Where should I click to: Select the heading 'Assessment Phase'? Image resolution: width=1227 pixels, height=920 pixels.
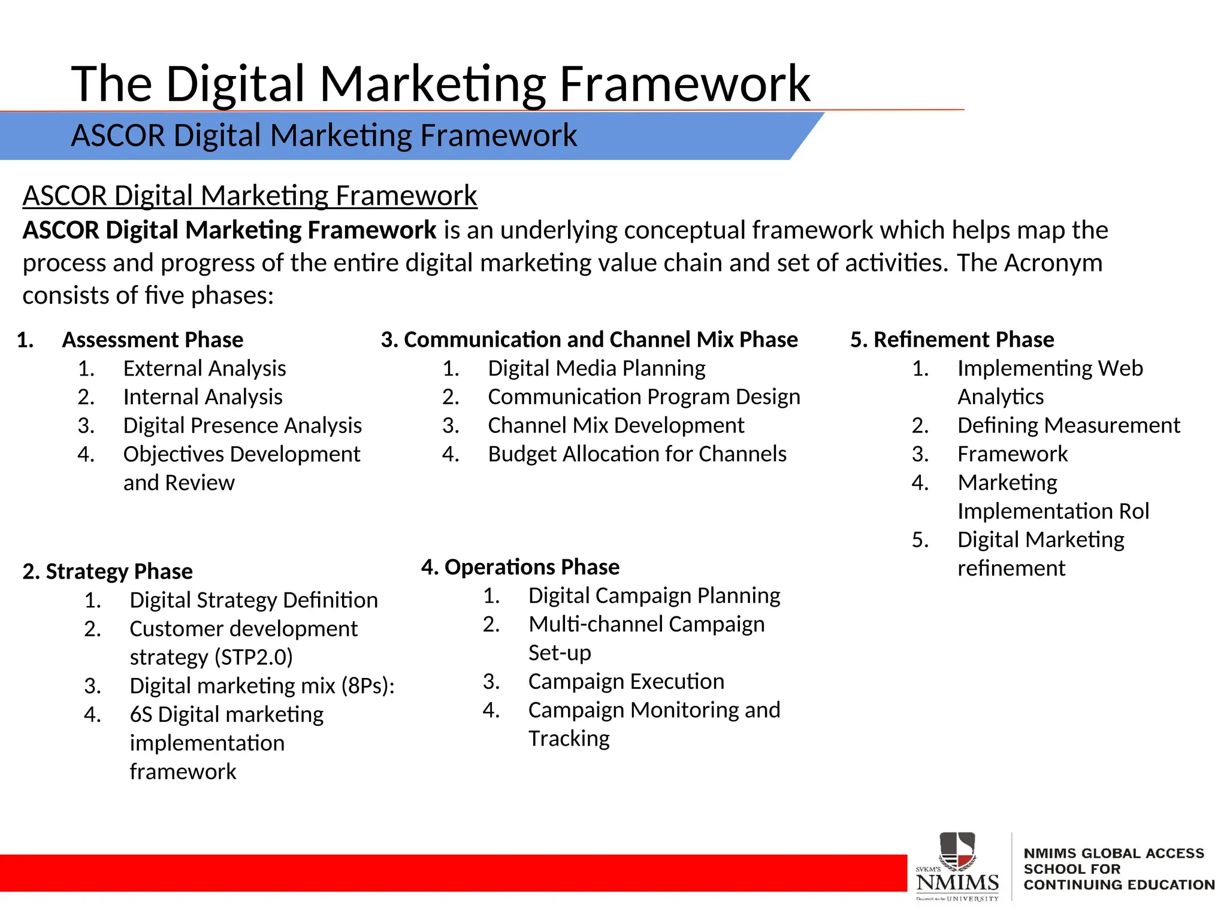point(153,340)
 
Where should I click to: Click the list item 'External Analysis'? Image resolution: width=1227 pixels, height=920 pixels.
point(204,368)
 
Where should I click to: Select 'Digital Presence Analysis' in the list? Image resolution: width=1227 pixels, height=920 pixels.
point(242,425)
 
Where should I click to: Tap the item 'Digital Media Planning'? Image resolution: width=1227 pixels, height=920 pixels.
point(596,368)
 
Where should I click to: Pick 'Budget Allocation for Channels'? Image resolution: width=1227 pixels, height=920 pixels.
point(637,454)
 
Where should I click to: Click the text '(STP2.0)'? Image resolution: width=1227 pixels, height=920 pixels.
point(253,657)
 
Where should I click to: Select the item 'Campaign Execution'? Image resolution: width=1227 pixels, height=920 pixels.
point(626,682)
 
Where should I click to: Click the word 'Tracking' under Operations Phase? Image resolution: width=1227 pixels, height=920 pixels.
point(569,739)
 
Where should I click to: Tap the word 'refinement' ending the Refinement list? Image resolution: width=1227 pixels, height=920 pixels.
point(1011,568)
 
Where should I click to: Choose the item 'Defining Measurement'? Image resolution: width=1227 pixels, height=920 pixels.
point(1068,425)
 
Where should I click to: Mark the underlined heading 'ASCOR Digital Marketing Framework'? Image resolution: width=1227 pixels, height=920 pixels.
point(250,196)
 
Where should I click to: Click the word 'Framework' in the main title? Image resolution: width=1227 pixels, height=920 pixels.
point(684,84)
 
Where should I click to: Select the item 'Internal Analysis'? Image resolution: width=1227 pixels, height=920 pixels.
point(203,397)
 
